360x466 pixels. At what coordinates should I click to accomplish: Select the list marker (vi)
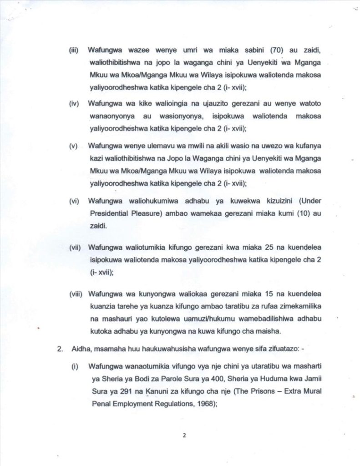(74, 201)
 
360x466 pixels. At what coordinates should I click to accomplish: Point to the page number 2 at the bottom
(184, 436)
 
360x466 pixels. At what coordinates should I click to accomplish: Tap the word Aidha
(80, 349)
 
